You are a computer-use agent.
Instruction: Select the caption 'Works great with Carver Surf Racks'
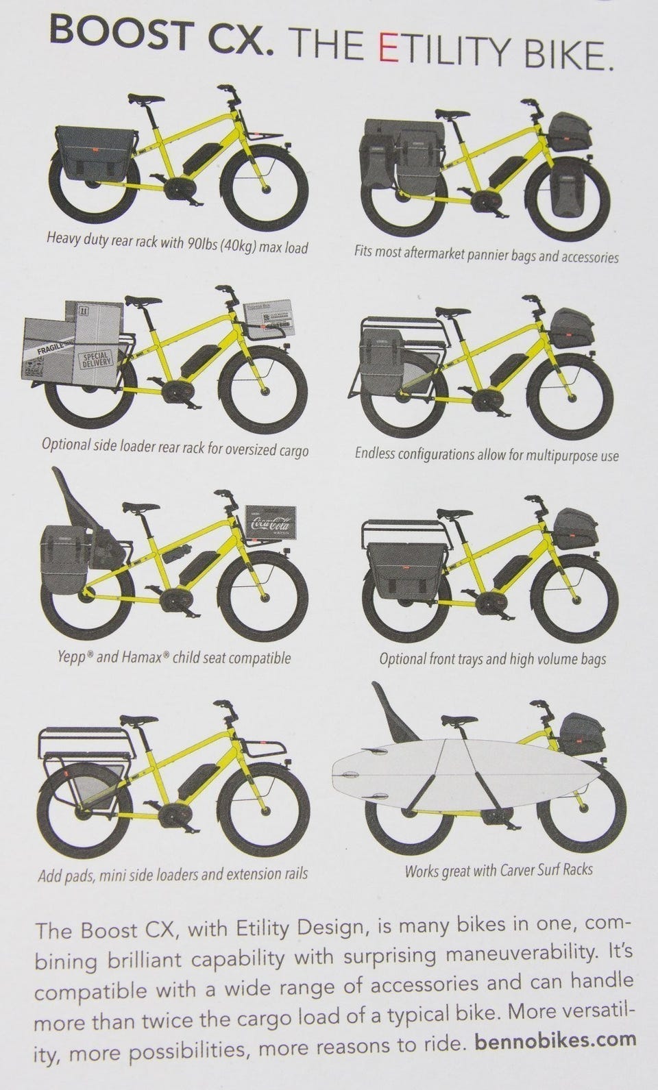tap(499, 869)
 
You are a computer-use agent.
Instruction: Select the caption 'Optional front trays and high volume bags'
tap(493, 659)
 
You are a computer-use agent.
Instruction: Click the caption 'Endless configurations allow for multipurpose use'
tap(487, 454)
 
